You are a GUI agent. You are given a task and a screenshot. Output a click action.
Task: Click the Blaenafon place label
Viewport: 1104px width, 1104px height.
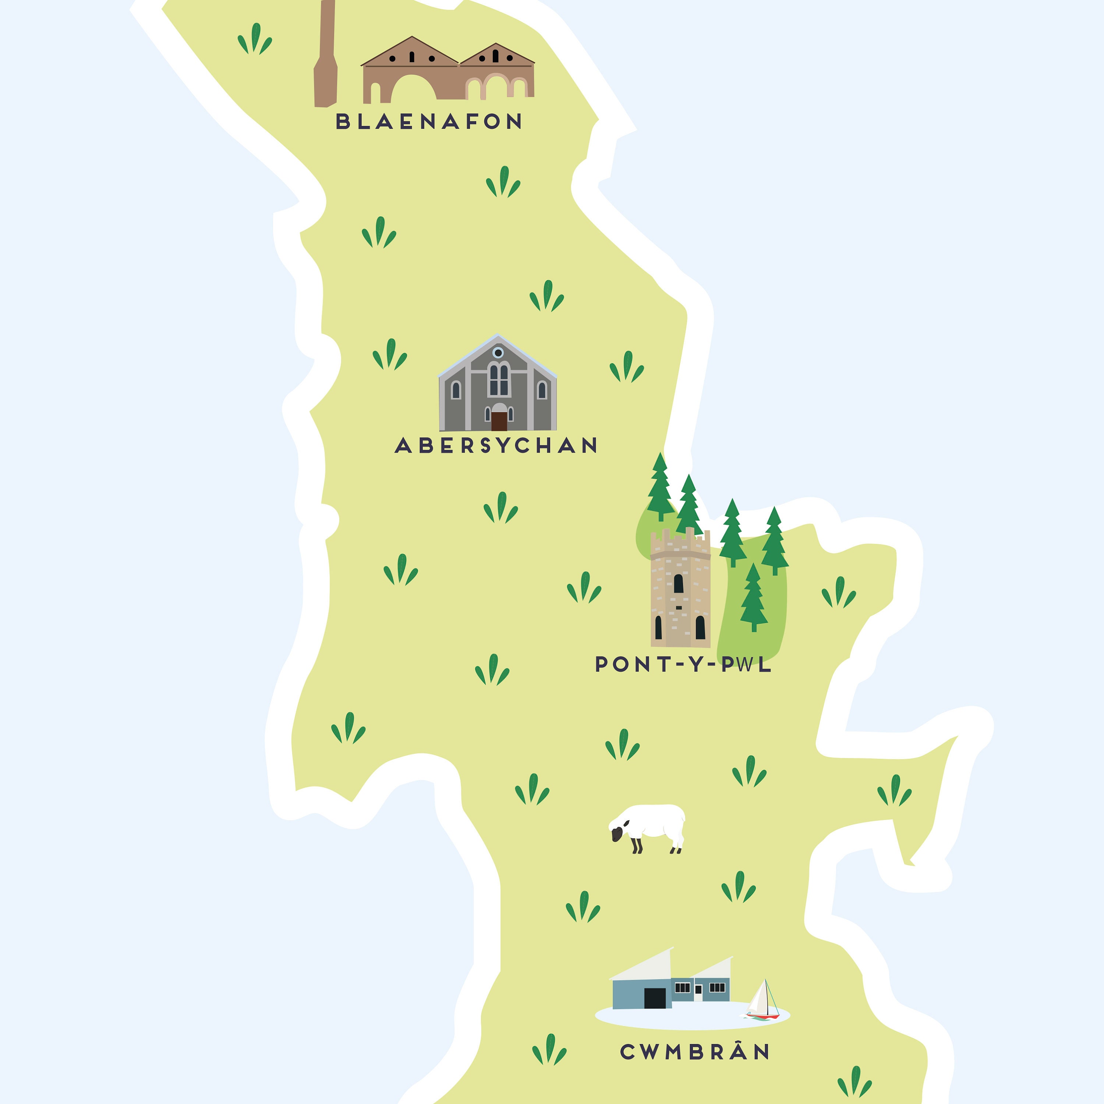429,121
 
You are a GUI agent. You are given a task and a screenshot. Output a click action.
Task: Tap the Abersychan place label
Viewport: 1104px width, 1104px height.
496,445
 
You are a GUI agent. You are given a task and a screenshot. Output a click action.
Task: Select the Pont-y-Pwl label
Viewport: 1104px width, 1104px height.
683,664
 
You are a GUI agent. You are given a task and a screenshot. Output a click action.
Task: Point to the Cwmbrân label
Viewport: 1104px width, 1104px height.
695,1052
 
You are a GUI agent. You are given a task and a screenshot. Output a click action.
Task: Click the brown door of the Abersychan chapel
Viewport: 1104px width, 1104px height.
499,421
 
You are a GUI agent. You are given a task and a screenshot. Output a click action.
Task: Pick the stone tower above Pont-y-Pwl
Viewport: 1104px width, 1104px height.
680,594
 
